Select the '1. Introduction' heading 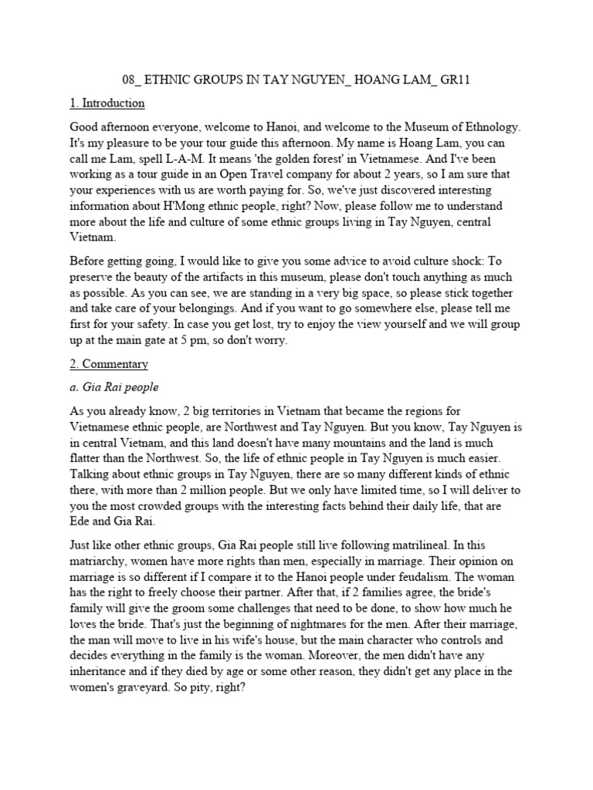107,103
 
